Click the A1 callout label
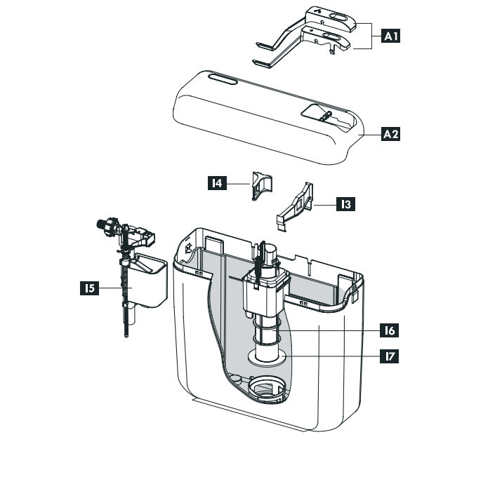[391, 35]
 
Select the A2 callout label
[391, 133]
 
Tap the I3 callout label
[344, 205]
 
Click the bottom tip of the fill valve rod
[126, 336]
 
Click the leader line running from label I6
[330, 329]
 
